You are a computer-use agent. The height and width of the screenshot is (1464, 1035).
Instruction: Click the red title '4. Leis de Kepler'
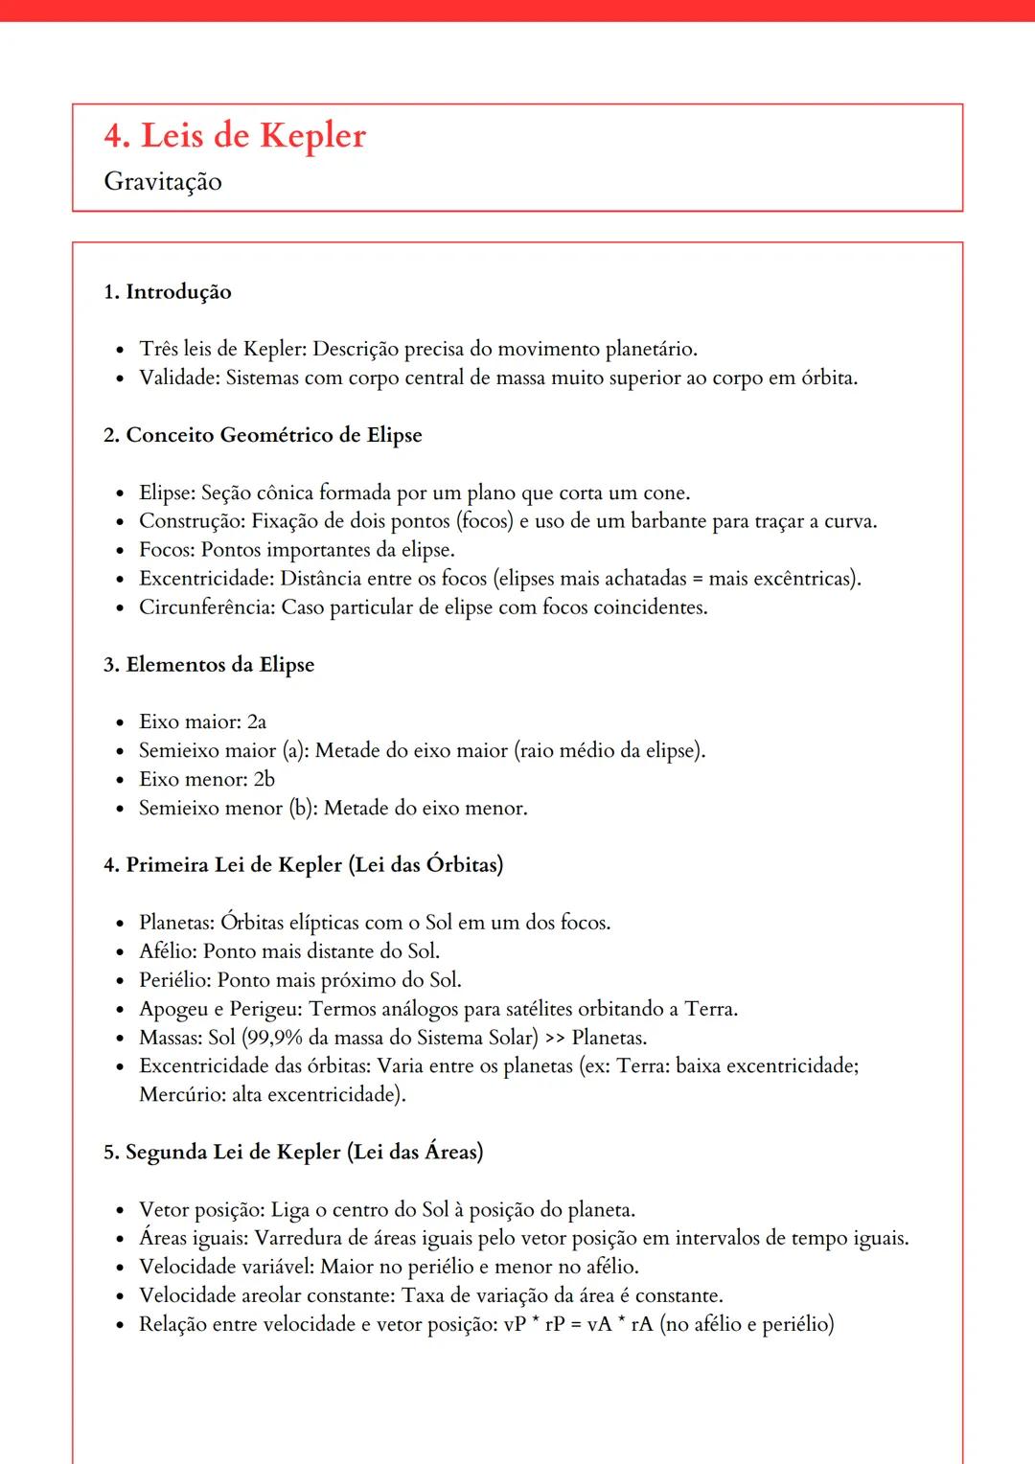click(x=235, y=136)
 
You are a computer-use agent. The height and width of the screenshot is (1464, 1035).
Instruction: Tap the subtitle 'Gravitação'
click(x=163, y=182)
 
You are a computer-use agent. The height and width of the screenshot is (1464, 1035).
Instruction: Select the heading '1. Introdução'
click(x=168, y=292)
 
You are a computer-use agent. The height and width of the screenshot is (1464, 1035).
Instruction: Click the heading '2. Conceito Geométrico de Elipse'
click(x=263, y=435)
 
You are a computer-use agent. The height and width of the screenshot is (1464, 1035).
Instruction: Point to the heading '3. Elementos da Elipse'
click(x=209, y=665)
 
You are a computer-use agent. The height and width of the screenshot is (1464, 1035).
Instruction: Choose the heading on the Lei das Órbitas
click(x=303, y=865)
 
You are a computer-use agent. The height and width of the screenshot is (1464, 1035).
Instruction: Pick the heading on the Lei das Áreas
click(x=293, y=1152)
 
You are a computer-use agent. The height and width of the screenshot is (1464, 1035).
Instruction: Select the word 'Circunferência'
click(x=205, y=607)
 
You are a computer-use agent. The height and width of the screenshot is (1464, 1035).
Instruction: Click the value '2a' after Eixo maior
click(x=257, y=721)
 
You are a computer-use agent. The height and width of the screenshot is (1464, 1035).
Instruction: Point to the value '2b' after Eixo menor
click(x=264, y=779)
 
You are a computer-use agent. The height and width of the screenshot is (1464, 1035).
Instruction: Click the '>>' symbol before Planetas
click(x=555, y=1039)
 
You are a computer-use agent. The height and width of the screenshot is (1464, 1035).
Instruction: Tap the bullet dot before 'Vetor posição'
click(x=120, y=1211)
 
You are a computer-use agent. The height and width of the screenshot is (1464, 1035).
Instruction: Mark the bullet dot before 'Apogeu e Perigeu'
click(x=120, y=1010)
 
